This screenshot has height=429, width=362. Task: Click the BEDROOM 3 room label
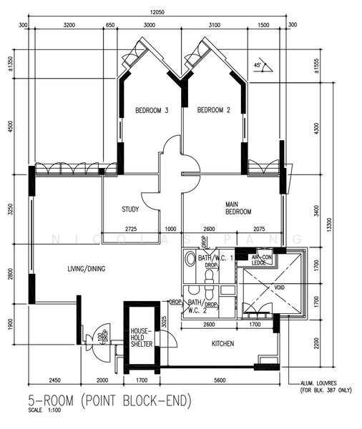[x=152, y=110]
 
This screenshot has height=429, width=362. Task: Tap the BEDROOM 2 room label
[x=213, y=110]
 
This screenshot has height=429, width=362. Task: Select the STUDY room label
[x=130, y=209]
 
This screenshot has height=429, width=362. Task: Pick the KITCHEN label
[x=222, y=344]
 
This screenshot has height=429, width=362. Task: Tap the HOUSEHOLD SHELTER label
[x=140, y=337]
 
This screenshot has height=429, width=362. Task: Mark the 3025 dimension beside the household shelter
[x=165, y=321]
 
